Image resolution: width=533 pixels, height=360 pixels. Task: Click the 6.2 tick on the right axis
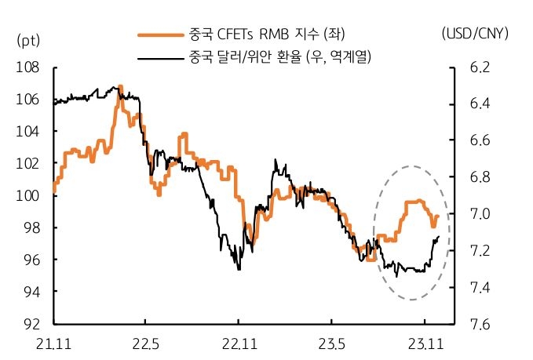coord(480,67)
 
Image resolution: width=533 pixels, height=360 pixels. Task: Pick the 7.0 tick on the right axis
coord(480,214)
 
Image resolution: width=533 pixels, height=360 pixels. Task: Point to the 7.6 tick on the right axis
coord(480,323)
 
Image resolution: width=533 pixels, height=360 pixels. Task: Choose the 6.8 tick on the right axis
coord(480,177)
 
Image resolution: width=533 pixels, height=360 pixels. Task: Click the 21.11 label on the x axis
coord(53,343)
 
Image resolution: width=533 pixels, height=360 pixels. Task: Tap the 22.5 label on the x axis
coord(145,343)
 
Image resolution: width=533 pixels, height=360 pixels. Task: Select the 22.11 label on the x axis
coord(239,343)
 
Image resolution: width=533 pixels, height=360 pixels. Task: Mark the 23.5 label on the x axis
coord(331,343)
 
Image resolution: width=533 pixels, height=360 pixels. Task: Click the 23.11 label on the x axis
coord(424,343)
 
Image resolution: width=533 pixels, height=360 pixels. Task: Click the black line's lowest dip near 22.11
coord(239,269)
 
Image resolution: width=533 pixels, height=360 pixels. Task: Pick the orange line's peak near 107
coord(119,87)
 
